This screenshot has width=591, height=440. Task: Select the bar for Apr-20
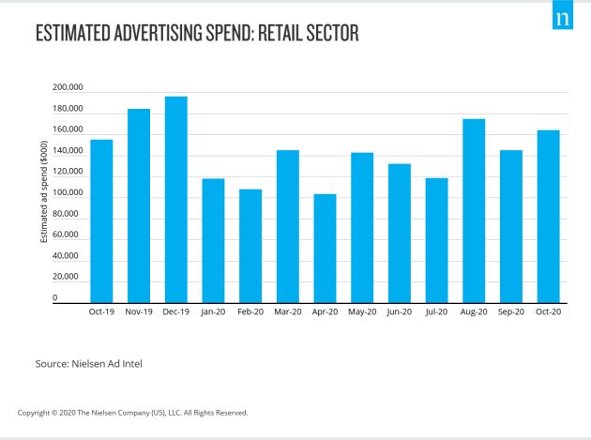[x=325, y=249]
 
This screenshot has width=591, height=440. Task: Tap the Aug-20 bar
[x=474, y=211]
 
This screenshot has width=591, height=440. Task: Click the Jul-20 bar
[x=436, y=240]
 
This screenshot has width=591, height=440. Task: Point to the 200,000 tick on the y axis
[x=68, y=88]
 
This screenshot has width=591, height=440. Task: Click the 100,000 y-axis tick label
[x=68, y=193]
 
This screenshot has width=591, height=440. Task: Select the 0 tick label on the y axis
[x=54, y=298]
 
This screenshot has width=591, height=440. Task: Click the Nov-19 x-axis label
[x=139, y=311]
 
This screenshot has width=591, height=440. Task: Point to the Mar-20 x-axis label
[x=288, y=311]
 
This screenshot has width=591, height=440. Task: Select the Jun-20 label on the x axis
[x=399, y=311]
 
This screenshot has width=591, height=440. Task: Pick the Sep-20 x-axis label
[x=510, y=311]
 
